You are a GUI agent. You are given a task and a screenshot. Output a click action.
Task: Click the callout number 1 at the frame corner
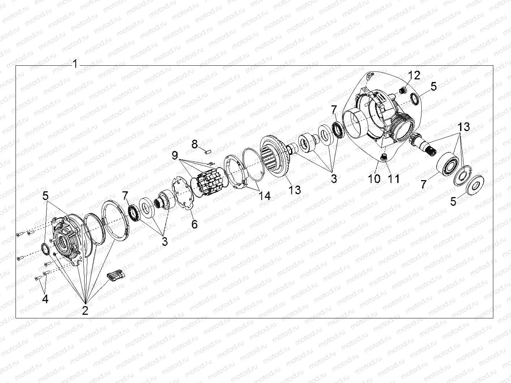[75, 64]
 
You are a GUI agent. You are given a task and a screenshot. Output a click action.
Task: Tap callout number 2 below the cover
[85, 310]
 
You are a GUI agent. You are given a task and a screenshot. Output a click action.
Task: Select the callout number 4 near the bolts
[45, 299]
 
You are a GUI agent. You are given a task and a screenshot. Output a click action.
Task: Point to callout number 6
[194, 224]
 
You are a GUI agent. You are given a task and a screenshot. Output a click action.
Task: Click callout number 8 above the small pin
[195, 145]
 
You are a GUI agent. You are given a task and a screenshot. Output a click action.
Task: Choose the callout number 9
[175, 156]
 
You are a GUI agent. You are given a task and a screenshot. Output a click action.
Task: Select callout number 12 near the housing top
[415, 75]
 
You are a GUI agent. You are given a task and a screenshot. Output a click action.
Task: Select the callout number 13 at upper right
[464, 127]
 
